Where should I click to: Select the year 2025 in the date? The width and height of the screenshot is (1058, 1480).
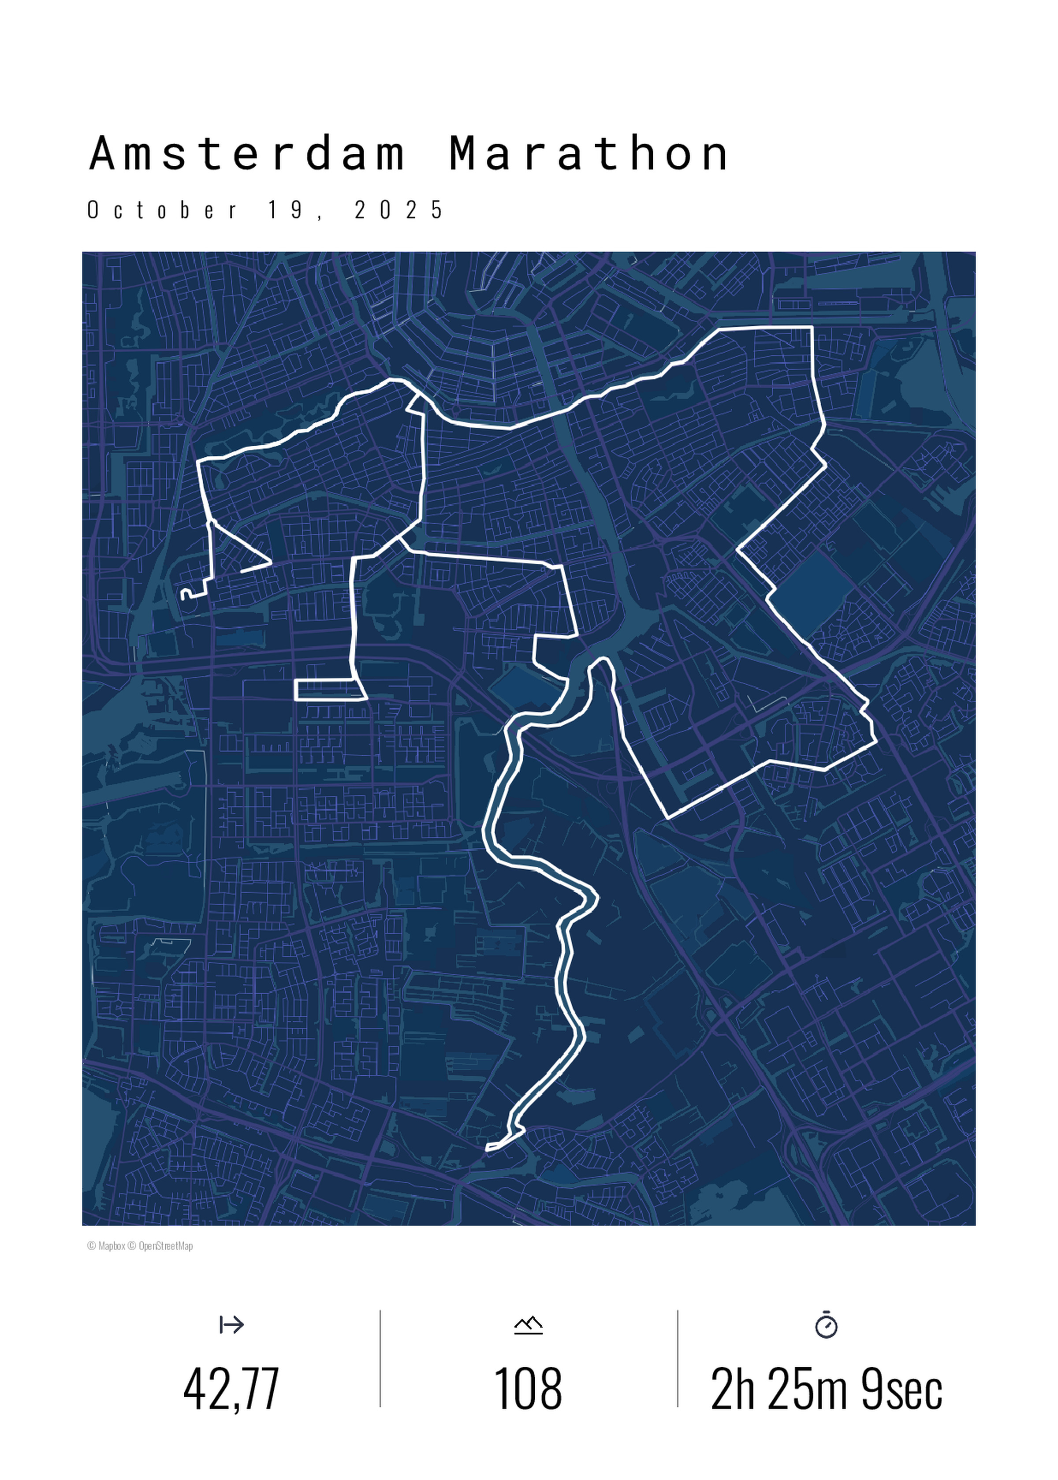click(x=399, y=210)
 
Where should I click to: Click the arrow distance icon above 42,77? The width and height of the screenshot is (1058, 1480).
click(x=231, y=1325)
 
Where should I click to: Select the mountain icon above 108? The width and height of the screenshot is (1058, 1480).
click(x=528, y=1325)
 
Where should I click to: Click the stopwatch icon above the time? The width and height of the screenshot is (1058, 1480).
click(x=826, y=1325)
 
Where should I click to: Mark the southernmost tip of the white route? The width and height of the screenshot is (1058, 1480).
click(x=488, y=1147)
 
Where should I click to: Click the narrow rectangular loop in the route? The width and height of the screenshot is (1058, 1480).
click(x=329, y=690)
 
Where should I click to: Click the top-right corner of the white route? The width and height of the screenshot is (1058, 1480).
click(x=812, y=328)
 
